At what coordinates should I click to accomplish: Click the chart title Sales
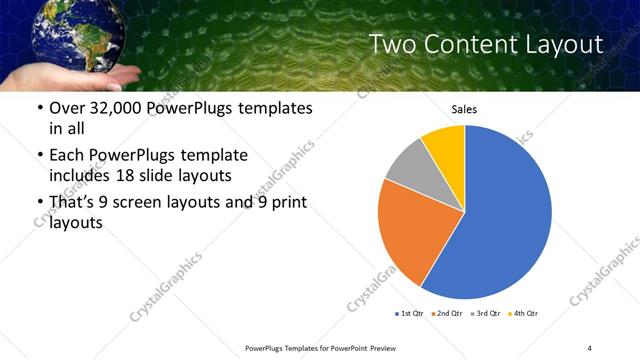[465, 108]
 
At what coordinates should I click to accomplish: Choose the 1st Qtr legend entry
[410, 314]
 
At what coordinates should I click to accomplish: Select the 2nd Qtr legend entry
[446, 314]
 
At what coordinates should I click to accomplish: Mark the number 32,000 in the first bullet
[124, 108]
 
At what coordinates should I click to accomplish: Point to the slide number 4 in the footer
[590, 347]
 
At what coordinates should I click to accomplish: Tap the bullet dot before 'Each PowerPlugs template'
[39, 156]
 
